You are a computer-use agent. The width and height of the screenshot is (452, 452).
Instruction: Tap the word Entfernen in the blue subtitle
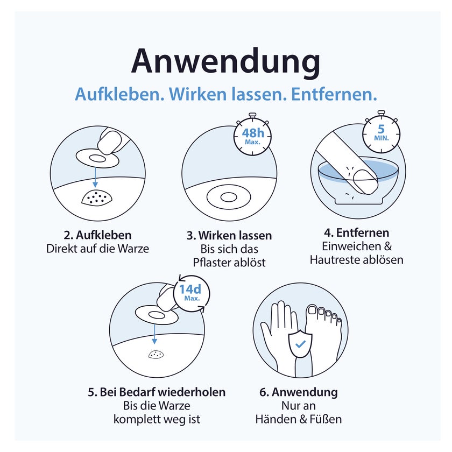[x=334, y=94]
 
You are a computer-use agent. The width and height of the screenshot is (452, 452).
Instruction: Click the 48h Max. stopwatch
[x=252, y=135]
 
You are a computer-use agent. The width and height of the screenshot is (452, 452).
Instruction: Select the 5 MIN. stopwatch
[x=382, y=132]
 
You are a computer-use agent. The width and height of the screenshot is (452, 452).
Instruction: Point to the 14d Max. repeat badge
[x=191, y=293]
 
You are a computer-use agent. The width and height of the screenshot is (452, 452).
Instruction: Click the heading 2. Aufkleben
[x=98, y=235]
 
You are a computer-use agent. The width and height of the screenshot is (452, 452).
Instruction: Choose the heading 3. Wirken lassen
[x=229, y=236]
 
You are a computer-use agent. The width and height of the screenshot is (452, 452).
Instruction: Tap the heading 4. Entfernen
[x=356, y=232]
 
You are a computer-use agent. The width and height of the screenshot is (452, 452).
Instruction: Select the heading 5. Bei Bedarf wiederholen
[x=157, y=392]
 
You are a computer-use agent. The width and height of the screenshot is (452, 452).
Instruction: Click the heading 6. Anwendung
[x=298, y=392]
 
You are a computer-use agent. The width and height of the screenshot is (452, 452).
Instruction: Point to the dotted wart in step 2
[x=97, y=197]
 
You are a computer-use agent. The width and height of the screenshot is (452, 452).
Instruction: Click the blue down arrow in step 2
[x=95, y=177]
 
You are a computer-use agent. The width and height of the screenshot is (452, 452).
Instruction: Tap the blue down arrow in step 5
[x=154, y=334]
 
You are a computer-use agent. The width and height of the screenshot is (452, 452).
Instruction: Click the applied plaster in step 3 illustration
[x=229, y=197]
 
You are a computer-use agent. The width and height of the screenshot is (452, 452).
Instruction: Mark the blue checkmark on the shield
[x=300, y=344]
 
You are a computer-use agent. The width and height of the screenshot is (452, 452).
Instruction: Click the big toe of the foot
[x=313, y=310]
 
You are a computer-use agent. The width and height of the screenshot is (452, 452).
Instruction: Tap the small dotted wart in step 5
[x=156, y=354]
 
